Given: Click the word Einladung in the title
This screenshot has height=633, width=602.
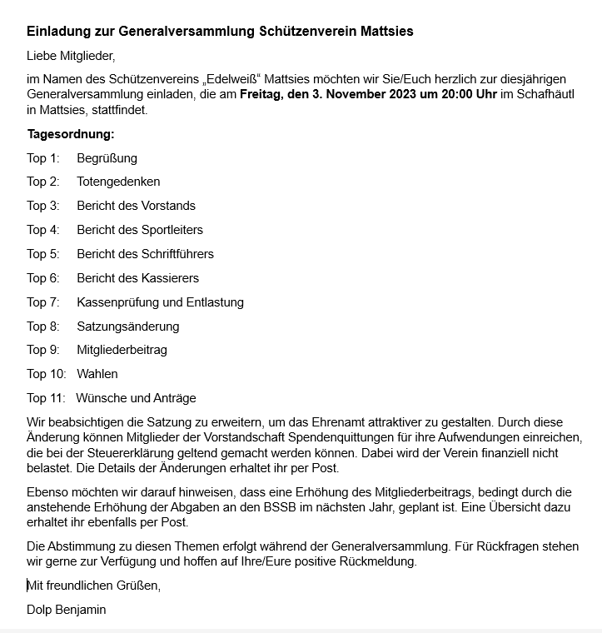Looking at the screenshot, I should [61, 32].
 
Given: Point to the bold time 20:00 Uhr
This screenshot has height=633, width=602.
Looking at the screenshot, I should [463, 95].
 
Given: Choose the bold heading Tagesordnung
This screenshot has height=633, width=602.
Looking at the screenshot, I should [71, 134].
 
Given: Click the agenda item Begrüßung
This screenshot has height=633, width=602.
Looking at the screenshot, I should [107, 158].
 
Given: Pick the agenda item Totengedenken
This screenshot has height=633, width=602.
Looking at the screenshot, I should [118, 182].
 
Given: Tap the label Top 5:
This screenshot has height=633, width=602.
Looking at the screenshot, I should [43, 254].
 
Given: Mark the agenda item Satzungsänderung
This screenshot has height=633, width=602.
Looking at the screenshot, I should [127, 326].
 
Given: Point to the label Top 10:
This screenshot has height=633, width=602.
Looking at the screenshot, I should [47, 374].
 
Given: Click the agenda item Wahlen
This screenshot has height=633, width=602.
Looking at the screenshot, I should [97, 374].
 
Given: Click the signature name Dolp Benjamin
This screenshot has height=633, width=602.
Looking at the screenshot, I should [67, 610].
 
